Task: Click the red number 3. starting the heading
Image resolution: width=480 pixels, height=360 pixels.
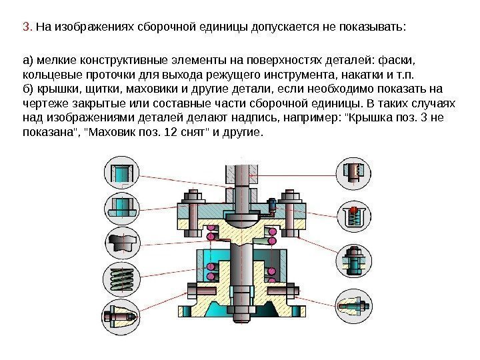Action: click(x=27, y=28)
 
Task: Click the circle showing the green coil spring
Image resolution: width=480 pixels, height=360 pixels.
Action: click(x=121, y=277)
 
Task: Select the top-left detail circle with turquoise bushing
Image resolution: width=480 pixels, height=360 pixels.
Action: click(x=121, y=172)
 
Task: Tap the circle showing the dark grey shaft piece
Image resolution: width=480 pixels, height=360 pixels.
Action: click(x=121, y=241)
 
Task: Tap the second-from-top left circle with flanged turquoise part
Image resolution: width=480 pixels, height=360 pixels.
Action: click(x=121, y=206)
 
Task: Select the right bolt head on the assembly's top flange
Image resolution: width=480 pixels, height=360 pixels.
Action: click(x=290, y=197)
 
